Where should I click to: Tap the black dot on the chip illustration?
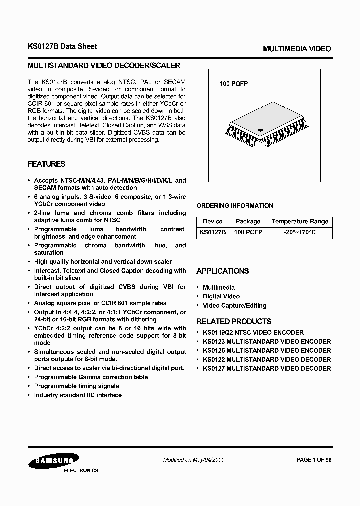260,131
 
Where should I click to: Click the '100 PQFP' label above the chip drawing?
234,84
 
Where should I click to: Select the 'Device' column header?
213,221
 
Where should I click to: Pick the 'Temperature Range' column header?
300,221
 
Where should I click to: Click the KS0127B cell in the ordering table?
213,232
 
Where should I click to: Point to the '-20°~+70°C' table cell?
300,232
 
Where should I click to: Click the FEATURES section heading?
46,164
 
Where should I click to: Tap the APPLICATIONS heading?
222,271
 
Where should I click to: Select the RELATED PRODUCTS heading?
234,321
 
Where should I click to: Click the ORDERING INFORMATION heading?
235,205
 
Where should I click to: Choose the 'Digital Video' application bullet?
221,296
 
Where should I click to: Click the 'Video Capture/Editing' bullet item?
234,305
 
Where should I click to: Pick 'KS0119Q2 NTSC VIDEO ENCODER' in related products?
253,332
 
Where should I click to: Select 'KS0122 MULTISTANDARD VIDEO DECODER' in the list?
267,359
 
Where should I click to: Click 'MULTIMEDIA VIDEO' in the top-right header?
297,49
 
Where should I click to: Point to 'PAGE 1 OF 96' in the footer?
314,460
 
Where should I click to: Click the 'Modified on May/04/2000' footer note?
194,460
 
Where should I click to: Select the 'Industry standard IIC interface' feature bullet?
78,395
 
